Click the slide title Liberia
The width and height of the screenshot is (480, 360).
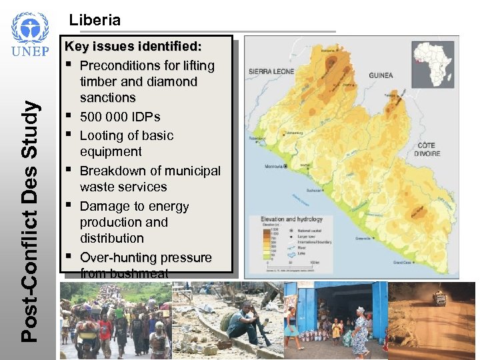tap(95, 20)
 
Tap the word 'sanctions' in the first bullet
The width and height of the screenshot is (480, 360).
tap(107, 98)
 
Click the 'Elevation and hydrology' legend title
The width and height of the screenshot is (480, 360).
tap(291, 219)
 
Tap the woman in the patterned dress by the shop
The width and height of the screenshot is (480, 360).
tap(359, 330)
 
